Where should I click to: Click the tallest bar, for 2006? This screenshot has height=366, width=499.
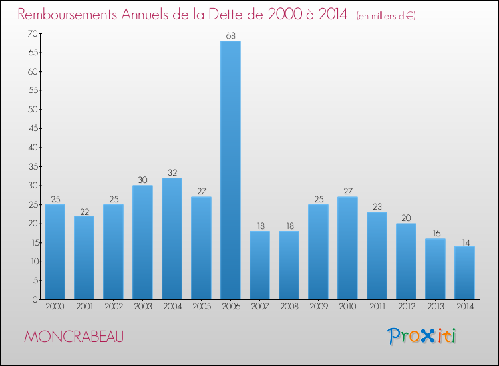click(x=230, y=170)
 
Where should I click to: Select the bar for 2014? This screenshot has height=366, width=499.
click(x=464, y=273)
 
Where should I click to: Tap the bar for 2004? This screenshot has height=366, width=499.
click(x=172, y=238)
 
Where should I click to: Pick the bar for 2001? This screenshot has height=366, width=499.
click(x=84, y=258)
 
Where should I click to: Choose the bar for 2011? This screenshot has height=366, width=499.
click(x=377, y=256)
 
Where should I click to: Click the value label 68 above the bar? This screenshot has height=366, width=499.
click(x=230, y=36)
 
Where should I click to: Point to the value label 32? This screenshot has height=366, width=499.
click(x=172, y=172)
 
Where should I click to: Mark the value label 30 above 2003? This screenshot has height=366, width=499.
click(x=142, y=180)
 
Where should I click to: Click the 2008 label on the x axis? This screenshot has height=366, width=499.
click(x=289, y=307)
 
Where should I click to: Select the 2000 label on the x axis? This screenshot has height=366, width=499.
click(x=55, y=307)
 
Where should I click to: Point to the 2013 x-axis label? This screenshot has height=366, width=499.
click(x=435, y=307)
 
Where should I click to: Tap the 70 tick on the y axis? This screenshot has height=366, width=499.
click(x=32, y=33)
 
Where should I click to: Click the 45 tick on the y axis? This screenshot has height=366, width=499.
click(x=32, y=128)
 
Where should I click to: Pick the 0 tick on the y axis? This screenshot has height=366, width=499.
click(x=34, y=299)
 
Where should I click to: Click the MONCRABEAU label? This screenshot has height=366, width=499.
click(x=73, y=337)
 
